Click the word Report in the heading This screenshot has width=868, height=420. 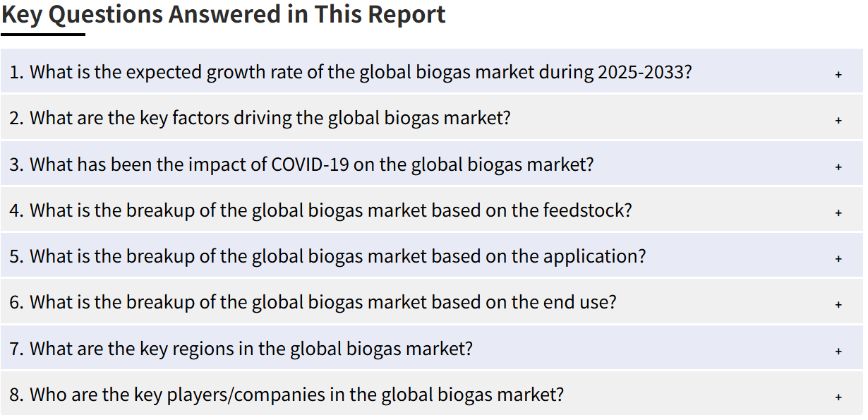pyautogui.click(x=406, y=14)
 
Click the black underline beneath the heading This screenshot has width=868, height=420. pyautogui.click(x=43, y=35)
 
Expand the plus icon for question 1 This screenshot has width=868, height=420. pyautogui.click(x=838, y=74)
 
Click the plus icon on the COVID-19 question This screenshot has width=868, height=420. pyautogui.click(x=838, y=167)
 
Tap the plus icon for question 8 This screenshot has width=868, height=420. pyautogui.click(x=838, y=397)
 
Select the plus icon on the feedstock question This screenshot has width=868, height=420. pyautogui.click(x=838, y=212)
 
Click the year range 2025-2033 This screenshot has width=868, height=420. pyautogui.click(x=645, y=72)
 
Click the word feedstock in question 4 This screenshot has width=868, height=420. pyautogui.click(x=587, y=210)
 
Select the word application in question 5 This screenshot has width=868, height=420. pyautogui.click(x=595, y=257)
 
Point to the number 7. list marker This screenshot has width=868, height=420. pyautogui.click(x=17, y=349)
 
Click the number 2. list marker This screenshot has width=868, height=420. pyautogui.click(x=17, y=118)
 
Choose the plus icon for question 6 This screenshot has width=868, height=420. pyautogui.click(x=838, y=304)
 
